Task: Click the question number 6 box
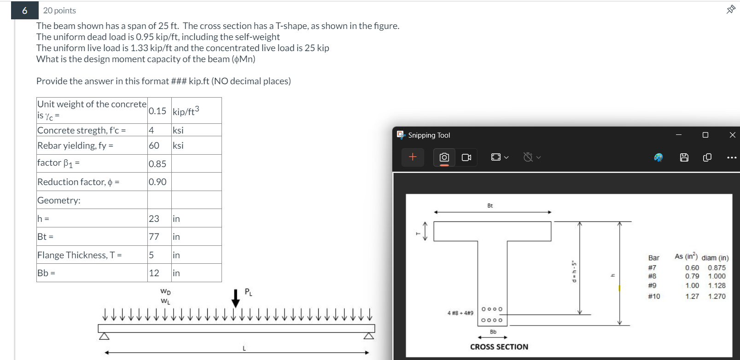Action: [x=24, y=11]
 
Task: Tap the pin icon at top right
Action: [x=730, y=9]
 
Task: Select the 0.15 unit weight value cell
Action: [x=157, y=111]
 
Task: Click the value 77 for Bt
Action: [x=154, y=237]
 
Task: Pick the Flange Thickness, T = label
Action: [x=80, y=255]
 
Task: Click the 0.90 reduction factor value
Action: [x=157, y=182]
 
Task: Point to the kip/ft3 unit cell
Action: [x=186, y=111]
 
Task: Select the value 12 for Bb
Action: [x=154, y=273]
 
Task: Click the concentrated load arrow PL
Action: [x=236, y=298]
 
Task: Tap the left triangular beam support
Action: [x=105, y=336]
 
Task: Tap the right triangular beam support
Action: [x=368, y=336]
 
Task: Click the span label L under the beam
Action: [x=244, y=348]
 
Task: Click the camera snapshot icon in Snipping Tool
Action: [x=444, y=157]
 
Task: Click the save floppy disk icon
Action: [x=684, y=157]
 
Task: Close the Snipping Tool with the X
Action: [x=732, y=135]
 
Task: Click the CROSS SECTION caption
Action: [x=499, y=347]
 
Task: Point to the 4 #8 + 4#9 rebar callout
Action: [x=460, y=313]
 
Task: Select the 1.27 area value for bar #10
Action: [x=692, y=296]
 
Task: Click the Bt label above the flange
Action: [x=490, y=206]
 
